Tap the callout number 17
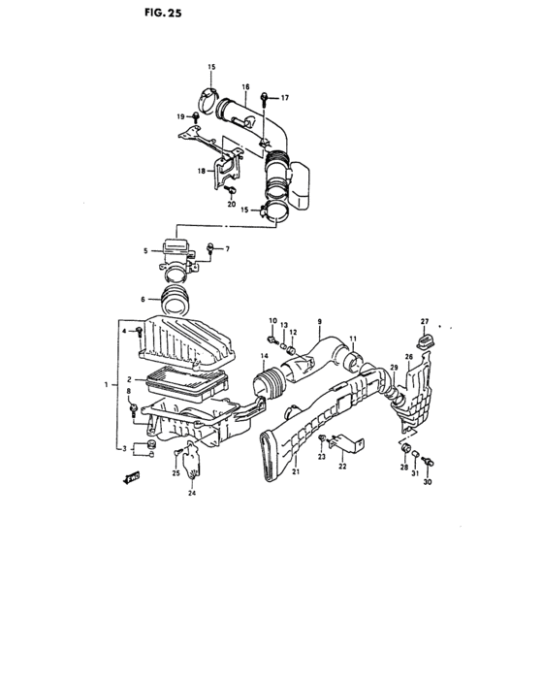tap(285, 98)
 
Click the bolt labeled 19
tap(197, 117)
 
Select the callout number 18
tap(201, 171)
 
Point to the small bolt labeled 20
tap(232, 191)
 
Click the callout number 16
tap(246, 86)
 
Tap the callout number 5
tap(146, 251)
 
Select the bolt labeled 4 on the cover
tap(142, 332)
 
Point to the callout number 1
tap(106, 385)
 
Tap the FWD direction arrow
tap(130, 478)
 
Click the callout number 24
tap(192, 494)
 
